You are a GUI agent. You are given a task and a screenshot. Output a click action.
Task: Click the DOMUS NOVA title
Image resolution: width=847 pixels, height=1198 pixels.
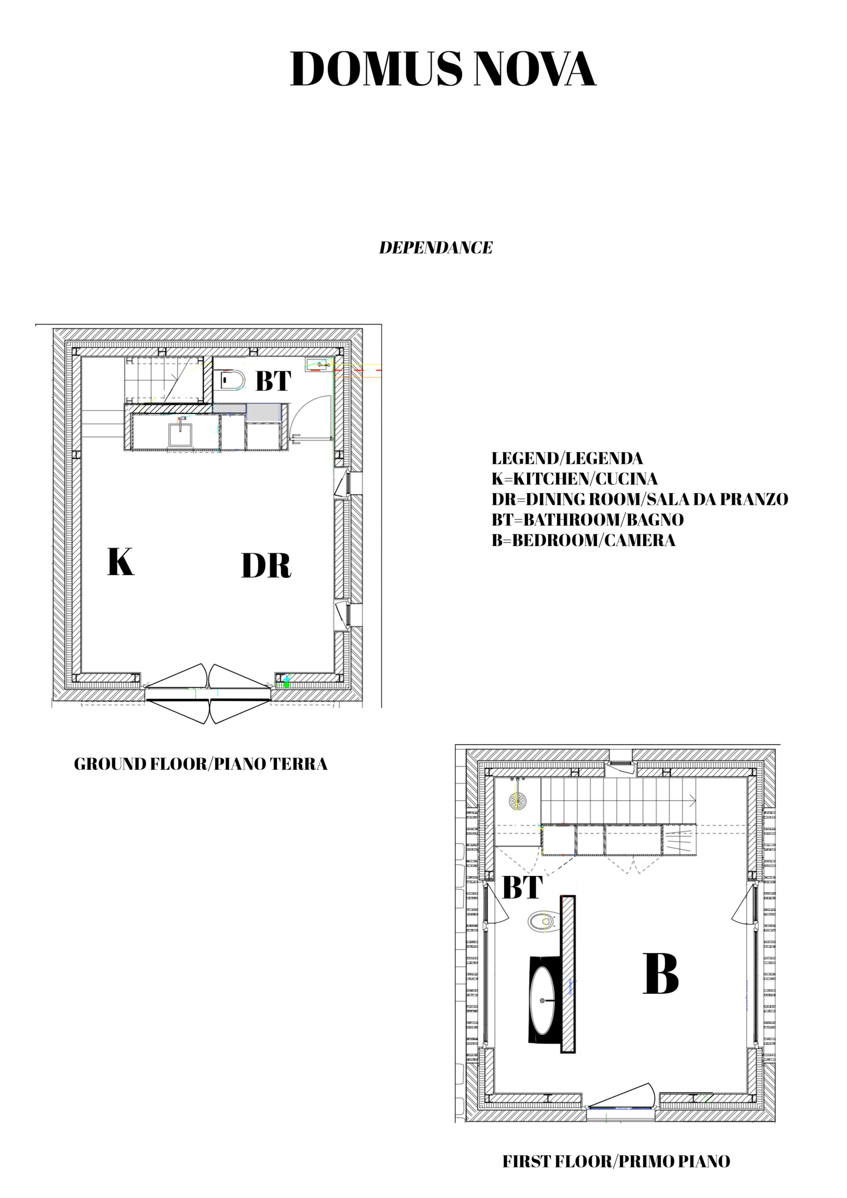point(443,69)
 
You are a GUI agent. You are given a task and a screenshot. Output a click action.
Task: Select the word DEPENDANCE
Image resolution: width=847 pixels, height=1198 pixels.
point(436,248)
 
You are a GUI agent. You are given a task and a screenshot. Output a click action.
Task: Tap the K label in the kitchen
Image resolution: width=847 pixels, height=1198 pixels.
point(121,562)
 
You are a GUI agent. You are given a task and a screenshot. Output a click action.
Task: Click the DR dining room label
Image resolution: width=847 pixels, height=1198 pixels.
point(266,566)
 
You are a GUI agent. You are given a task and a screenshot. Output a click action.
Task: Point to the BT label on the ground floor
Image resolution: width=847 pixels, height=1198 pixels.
point(273,381)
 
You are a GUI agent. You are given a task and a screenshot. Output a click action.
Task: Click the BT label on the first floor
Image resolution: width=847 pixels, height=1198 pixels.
point(522,888)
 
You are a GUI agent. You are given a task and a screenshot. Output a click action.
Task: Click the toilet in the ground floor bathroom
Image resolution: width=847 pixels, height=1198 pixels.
point(232,380)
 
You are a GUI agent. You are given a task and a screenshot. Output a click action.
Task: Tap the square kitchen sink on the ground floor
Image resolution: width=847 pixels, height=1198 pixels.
point(180,435)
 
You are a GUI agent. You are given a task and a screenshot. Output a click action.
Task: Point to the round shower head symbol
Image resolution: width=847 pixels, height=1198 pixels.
point(518,800)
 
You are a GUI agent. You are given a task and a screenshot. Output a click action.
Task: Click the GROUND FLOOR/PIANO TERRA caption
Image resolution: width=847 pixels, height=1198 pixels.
point(200,764)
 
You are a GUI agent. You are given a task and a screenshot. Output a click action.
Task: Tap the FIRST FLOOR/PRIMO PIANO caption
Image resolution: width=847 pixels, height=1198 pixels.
point(616,1158)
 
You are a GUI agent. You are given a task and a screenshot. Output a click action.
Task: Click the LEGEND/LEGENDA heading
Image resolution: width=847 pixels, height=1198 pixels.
point(567,459)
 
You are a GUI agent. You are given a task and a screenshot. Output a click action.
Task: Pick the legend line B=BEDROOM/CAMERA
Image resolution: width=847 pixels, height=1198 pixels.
point(584,540)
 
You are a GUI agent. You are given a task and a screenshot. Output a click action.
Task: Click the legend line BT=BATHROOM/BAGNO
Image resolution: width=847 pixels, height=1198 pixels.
point(588,520)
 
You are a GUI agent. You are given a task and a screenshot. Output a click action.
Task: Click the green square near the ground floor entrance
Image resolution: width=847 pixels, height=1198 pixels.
point(286,685)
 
